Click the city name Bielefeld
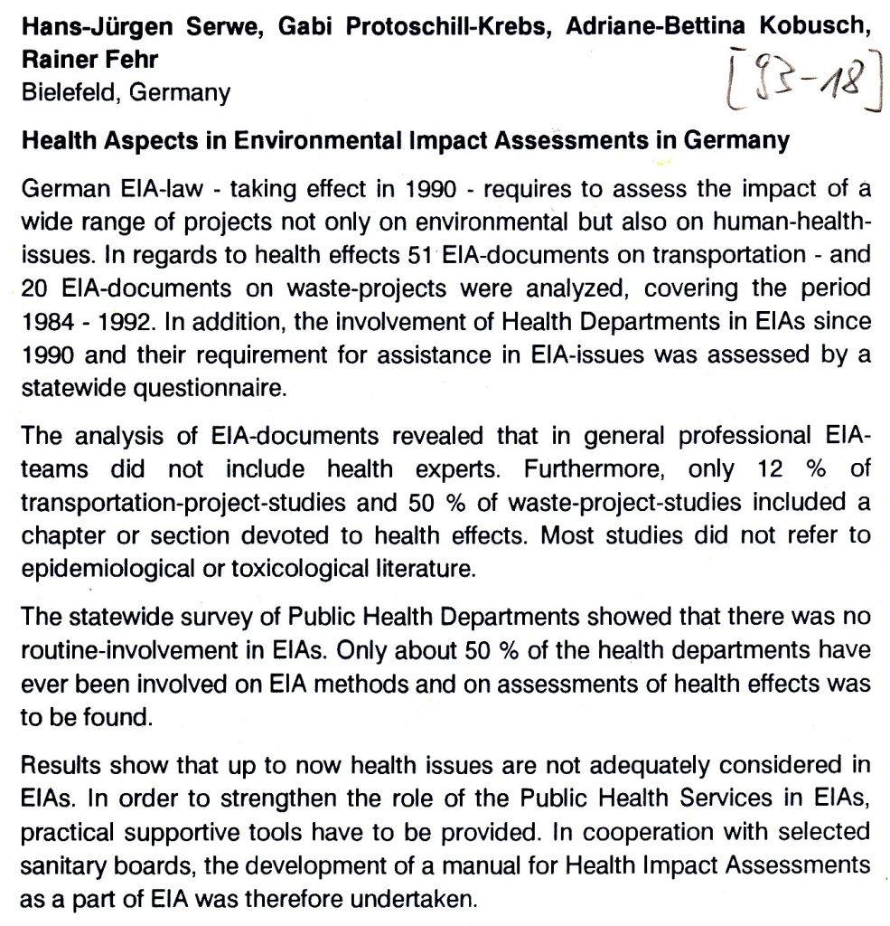[x=67, y=93]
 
